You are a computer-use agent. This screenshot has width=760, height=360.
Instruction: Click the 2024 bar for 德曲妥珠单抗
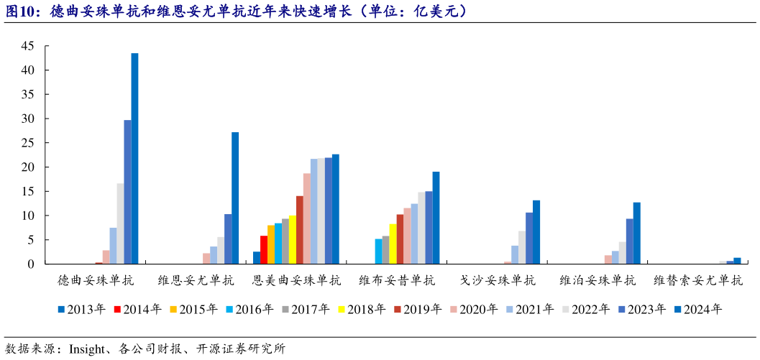(134, 159)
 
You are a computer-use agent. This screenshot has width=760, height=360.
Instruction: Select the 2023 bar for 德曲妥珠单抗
(127, 192)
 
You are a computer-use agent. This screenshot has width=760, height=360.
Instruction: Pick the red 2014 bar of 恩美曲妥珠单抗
(264, 249)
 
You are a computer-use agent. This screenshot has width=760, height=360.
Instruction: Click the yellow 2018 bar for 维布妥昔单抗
(393, 244)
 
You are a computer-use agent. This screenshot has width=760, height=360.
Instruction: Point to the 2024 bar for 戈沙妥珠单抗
(536, 232)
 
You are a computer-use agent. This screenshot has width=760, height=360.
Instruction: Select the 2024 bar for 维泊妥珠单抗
(636, 234)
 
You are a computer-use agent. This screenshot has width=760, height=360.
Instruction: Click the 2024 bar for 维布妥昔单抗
(436, 218)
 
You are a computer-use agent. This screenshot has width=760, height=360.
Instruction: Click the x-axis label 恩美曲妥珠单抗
(296, 280)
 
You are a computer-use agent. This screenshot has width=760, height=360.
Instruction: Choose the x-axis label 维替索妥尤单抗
(697, 280)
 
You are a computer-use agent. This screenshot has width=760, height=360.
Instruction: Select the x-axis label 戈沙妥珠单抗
(498, 280)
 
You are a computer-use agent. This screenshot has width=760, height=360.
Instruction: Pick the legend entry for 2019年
(417, 310)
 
